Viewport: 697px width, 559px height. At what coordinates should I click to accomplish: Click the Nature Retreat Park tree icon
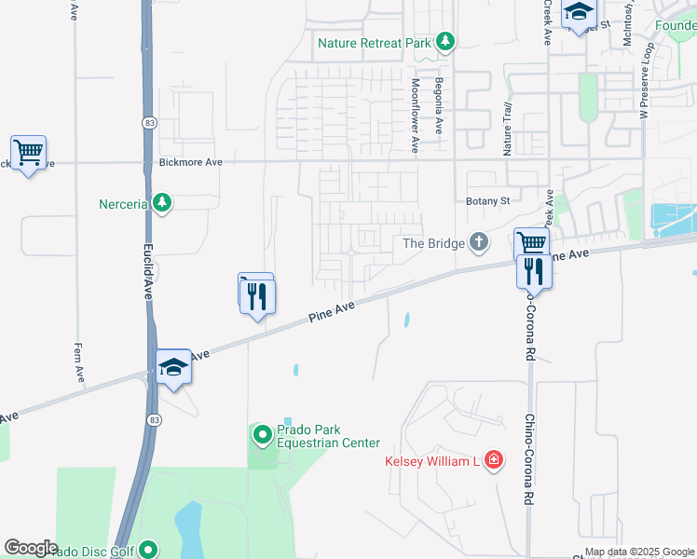445,41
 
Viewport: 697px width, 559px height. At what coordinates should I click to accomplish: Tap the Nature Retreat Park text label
373,43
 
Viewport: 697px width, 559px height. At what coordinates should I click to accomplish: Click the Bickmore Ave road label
190,162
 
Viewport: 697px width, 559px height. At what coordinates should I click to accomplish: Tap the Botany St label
487,200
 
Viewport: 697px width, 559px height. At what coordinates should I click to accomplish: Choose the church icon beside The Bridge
479,243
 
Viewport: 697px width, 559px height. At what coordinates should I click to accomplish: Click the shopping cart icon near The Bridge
531,243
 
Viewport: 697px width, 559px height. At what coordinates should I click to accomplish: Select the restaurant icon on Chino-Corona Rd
534,270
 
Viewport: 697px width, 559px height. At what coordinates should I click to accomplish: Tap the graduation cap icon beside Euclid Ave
173,367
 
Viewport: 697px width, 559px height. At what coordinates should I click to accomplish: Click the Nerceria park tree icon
162,203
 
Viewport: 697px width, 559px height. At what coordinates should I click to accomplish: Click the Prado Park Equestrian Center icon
262,434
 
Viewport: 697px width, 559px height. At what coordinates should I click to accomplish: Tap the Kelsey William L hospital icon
493,461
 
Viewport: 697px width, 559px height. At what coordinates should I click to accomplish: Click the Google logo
31,548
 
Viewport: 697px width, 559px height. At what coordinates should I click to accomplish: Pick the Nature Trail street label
508,130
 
